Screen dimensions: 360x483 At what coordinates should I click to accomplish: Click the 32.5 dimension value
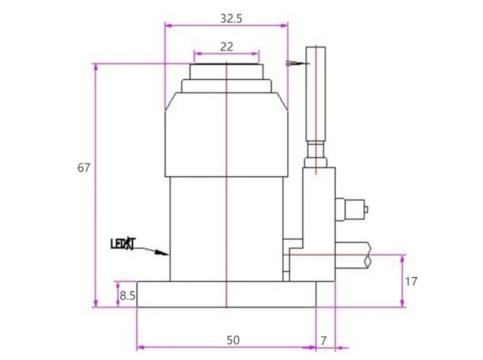point(231,19)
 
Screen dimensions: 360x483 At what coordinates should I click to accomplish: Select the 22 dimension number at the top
point(227,46)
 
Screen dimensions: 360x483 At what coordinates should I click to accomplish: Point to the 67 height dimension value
point(84,168)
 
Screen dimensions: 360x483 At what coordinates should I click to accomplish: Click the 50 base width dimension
point(233,340)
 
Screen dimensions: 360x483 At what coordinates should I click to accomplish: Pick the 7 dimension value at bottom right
point(324,341)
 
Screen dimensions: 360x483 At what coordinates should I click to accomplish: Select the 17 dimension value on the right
point(411,281)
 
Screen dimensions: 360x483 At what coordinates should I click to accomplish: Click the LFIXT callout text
point(123,244)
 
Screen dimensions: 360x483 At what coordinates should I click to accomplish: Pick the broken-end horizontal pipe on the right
point(353,255)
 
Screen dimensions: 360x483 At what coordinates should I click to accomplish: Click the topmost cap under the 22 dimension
point(227,71)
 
